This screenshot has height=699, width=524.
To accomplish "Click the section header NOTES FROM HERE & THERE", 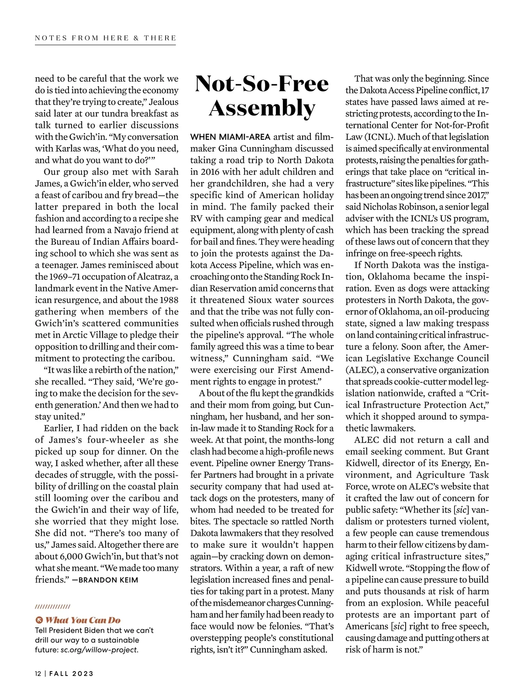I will pos(105,38).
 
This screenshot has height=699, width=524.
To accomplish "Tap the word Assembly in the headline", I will pos(262,108).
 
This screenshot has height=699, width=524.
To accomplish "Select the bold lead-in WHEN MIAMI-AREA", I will pos(231,137).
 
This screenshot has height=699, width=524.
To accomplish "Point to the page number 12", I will pos(38,673).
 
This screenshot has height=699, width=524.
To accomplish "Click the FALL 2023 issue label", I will pos(71,673).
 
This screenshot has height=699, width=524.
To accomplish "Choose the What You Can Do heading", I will pos(83,620).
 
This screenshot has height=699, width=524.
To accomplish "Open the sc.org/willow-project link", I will pos(99,650).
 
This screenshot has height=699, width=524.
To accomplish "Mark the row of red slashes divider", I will pos(52,606).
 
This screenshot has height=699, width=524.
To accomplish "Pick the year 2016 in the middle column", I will pos(210,172).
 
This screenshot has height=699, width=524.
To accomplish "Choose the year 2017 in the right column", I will pos(473,195).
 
